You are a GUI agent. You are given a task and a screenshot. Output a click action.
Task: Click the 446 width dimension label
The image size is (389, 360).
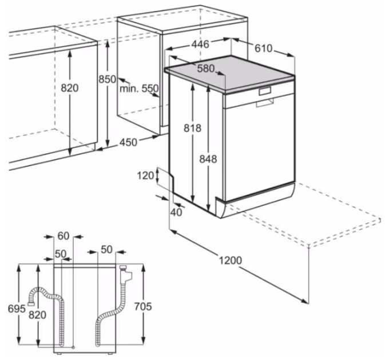pyautogui.click(x=200, y=44)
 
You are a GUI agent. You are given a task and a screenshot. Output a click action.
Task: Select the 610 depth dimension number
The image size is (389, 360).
pyautogui.click(x=264, y=49)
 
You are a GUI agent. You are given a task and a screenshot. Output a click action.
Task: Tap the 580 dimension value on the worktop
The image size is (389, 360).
pyautogui.click(x=206, y=69)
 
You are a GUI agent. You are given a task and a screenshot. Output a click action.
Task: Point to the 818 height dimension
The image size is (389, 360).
pyautogui.click(x=193, y=128)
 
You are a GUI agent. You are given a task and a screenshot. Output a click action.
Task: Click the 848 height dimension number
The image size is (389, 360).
pyautogui.click(x=208, y=159)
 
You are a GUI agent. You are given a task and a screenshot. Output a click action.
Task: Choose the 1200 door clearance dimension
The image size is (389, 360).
pyautogui.click(x=230, y=261)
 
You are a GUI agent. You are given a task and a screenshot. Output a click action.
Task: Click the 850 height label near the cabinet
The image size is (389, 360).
pyautogui.click(x=107, y=79)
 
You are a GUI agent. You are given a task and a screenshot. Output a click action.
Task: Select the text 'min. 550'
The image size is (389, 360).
pyautogui.click(x=139, y=88)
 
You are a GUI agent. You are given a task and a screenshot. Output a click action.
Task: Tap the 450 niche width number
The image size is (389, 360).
pyautogui.click(x=128, y=142)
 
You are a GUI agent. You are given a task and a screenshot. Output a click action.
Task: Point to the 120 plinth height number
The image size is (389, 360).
pyautogui.click(x=146, y=175)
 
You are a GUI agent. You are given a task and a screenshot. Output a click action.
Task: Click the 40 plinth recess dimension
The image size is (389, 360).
pyautogui.click(x=176, y=212)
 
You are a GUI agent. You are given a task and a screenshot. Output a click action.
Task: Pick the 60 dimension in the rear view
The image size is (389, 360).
pyautogui.click(x=63, y=236)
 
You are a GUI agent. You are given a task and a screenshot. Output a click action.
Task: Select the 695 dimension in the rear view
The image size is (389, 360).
pyautogui.click(x=17, y=309)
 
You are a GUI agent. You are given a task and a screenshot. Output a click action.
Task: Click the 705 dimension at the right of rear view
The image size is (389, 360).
pyautogui.click(x=143, y=306)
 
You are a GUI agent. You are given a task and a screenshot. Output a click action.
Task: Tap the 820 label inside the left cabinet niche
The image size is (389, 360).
pyautogui.click(x=70, y=88)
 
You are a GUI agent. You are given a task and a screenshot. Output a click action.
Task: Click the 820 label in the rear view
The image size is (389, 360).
pyautogui.click(x=37, y=315)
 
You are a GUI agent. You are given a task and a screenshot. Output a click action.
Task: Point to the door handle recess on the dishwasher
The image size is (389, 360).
pyautogui.click(x=265, y=102)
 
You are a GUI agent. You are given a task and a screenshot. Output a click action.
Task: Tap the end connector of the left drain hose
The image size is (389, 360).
pyautogui.click(x=31, y=302)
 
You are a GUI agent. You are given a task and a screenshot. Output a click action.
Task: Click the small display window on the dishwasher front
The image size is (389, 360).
pyautogui.click(x=265, y=91)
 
